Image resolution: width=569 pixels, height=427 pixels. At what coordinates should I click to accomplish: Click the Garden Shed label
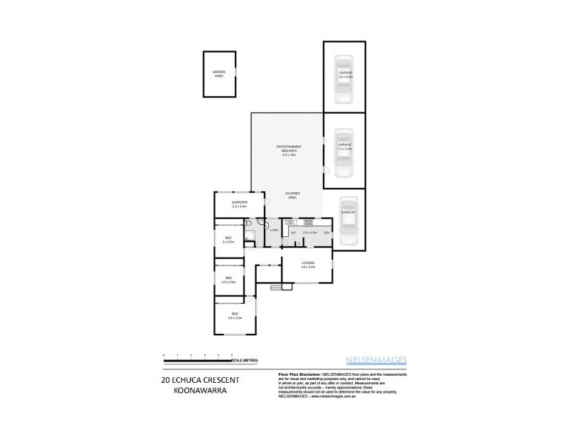(218, 74)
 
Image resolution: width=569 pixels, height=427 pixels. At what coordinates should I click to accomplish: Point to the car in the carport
(348, 221)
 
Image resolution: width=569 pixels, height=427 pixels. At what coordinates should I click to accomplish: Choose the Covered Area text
(292, 195)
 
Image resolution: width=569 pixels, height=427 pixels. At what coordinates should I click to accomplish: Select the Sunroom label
(239, 205)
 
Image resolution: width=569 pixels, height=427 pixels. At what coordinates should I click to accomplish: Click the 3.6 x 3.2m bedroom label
(235, 316)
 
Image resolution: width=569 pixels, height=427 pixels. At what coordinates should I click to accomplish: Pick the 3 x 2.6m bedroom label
(228, 240)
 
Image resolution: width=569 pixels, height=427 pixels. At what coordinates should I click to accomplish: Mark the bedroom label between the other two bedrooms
(228, 280)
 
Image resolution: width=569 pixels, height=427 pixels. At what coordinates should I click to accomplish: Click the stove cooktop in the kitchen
(309, 223)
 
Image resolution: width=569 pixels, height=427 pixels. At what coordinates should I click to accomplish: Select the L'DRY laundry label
(273, 231)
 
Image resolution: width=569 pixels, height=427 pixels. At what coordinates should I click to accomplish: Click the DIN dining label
(326, 233)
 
